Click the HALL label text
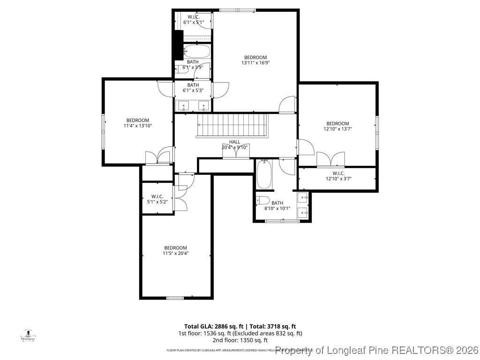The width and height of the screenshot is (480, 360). (x=234, y=142)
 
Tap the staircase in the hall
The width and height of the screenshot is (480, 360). (x=232, y=125)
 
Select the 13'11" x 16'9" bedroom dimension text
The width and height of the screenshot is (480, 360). (x=255, y=62)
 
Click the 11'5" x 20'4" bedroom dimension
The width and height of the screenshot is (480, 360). (x=175, y=253)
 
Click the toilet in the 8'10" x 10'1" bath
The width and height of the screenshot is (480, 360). (x=263, y=201)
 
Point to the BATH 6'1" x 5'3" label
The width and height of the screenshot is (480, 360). (x=193, y=88)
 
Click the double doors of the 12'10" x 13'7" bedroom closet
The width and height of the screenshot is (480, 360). (x=331, y=159)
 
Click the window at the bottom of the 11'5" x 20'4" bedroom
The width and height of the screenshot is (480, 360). (x=175, y=298)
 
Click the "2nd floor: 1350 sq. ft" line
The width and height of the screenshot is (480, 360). (x=240, y=340)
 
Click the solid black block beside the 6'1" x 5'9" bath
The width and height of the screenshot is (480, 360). (x=178, y=45)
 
